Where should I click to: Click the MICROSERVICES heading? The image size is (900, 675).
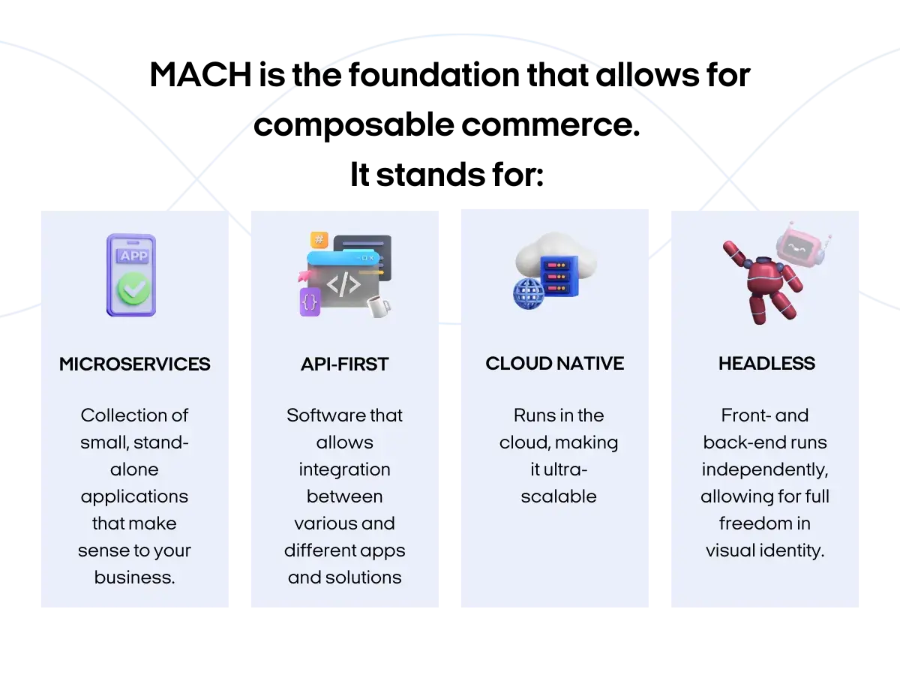pyautogui.click(x=135, y=364)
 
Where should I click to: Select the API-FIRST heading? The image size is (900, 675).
pyautogui.click(x=345, y=364)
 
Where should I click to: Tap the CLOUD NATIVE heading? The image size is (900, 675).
pyautogui.click(x=555, y=364)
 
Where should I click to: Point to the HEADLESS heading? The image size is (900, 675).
pyautogui.click(x=766, y=364)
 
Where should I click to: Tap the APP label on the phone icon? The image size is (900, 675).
pyautogui.click(x=133, y=256)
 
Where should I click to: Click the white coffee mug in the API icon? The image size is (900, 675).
pyautogui.click(x=377, y=305)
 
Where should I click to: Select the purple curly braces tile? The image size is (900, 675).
pyautogui.click(x=310, y=301)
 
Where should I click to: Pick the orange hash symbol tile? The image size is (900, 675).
pyautogui.click(x=319, y=240)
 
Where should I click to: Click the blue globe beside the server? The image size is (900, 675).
pyautogui.click(x=528, y=293)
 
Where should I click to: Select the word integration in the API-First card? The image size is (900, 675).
pyautogui.click(x=345, y=469)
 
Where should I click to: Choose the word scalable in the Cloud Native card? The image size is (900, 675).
pyautogui.click(x=559, y=496)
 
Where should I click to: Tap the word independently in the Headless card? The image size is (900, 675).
pyautogui.click(x=765, y=469)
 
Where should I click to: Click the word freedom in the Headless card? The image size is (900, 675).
pyautogui.click(x=765, y=523)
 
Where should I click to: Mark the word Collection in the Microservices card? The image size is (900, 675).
pyautogui.click(x=135, y=415)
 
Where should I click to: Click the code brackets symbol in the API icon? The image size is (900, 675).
pyautogui.click(x=343, y=285)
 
